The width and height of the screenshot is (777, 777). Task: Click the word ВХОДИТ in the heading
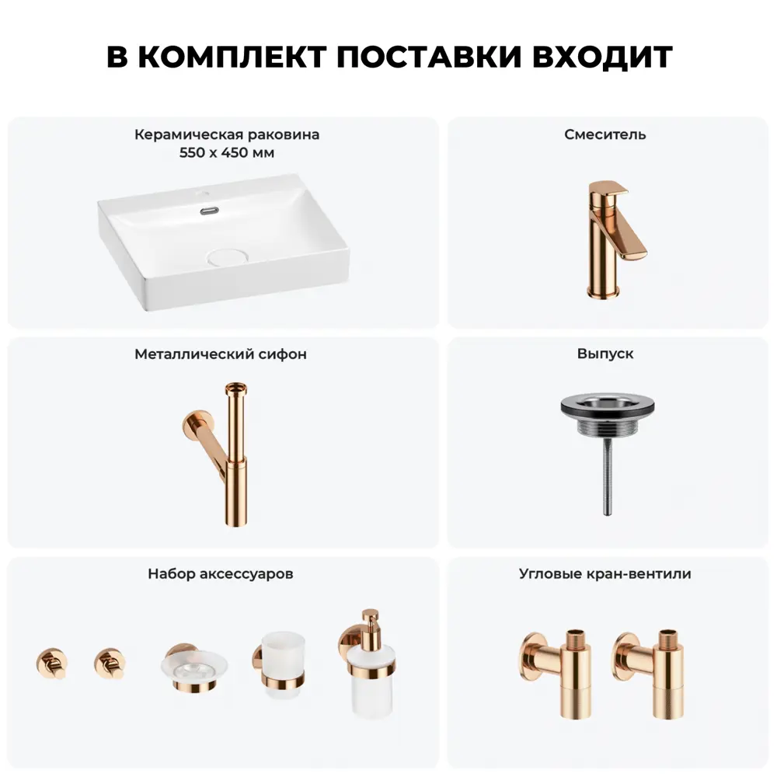(602, 56)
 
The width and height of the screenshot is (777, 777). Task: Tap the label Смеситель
(605, 134)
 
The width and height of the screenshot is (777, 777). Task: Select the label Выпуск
(605, 354)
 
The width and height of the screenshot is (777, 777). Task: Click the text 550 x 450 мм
(227, 152)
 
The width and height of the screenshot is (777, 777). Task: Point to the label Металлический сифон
(221, 354)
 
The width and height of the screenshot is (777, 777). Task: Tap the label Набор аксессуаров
(221, 574)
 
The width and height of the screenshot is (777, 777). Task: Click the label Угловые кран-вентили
(605, 574)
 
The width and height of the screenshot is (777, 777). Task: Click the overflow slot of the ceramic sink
(210, 211)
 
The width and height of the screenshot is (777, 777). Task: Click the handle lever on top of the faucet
(608, 188)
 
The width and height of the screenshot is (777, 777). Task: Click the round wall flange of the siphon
(193, 425)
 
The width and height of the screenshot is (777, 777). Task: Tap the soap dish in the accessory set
(194, 668)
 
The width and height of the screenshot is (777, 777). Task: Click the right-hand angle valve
(650, 673)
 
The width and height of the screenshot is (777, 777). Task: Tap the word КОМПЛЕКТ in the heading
(232, 56)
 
